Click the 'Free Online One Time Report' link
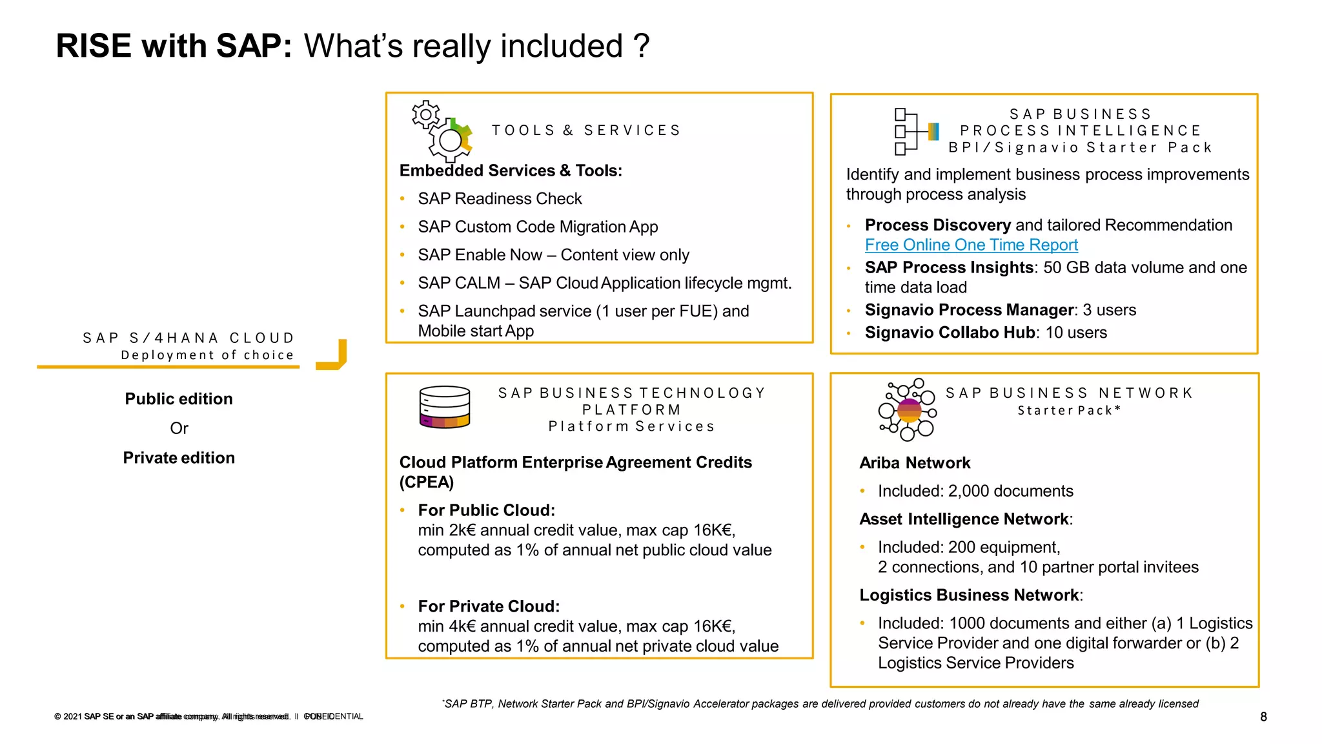(971, 245)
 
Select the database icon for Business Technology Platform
(445, 407)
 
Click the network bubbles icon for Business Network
(908, 409)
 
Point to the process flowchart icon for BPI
(915, 132)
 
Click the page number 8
(1263, 717)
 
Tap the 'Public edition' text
(179, 399)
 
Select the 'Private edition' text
(179, 458)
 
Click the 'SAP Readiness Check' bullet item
(500, 199)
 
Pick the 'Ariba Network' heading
(915, 463)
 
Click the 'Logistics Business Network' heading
(969, 595)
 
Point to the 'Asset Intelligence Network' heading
(964, 519)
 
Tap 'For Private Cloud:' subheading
(489, 606)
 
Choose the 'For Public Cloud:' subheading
(486, 510)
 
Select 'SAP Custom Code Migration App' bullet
(538, 227)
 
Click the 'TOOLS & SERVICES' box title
(586, 130)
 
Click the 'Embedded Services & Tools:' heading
(511, 171)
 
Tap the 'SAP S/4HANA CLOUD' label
(188, 338)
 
